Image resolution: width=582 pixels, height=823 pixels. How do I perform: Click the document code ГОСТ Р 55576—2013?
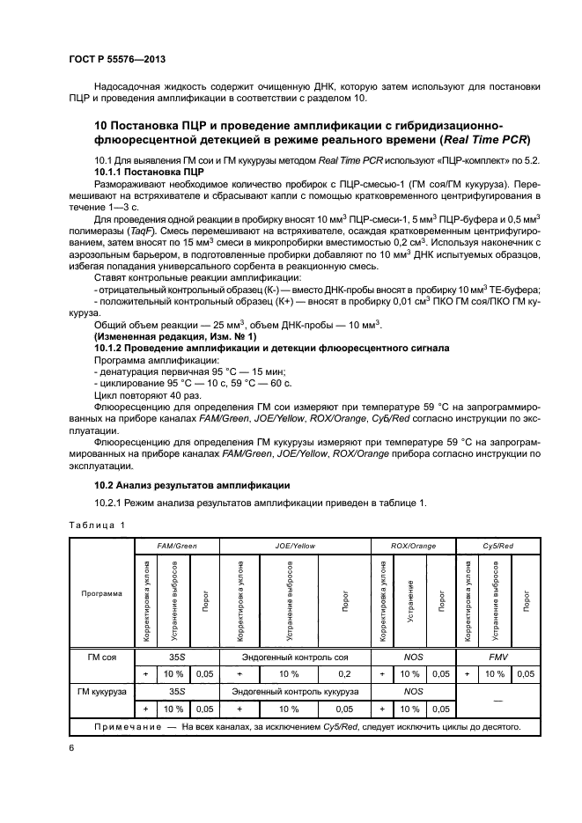pyautogui.click(x=117, y=58)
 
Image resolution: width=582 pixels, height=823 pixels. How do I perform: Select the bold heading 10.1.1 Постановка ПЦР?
pyautogui.click(x=148, y=173)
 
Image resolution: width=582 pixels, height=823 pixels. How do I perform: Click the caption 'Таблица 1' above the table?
pyautogui.click(x=97, y=525)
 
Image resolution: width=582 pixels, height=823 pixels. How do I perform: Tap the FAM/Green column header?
pyautogui.click(x=176, y=546)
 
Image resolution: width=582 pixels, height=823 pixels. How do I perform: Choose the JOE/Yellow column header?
pyautogui.click(x=295, y=546)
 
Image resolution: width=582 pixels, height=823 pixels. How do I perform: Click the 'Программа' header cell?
pyautogui.click(x=101, y=593)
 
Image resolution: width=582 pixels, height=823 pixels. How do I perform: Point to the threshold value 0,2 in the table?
pyautogui.click(x=344, y=673)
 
